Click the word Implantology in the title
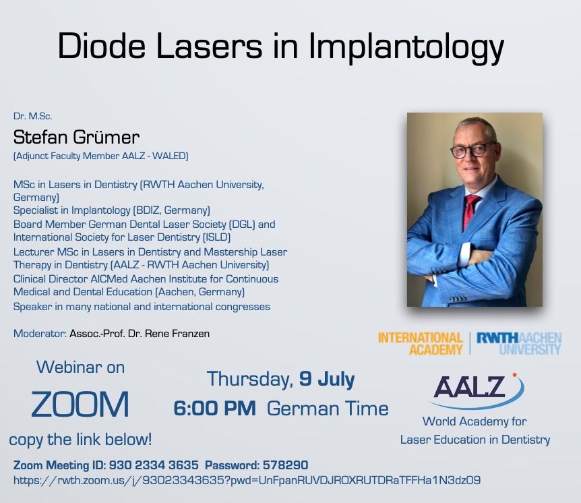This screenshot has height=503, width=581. coord(406,47)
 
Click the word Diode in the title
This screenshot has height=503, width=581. coord(102,45)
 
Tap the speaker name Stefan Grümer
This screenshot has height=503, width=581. coord(76,137)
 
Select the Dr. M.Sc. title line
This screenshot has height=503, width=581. coord(32,116)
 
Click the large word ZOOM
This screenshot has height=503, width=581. coord(80,404)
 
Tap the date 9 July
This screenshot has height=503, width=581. coord(327,379)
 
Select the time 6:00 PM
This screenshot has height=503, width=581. coord(214,409)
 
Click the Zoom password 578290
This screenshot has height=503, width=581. coord(285,465)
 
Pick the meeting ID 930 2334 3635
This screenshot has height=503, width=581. coord(154,465)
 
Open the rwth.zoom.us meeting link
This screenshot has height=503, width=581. coord(247,480)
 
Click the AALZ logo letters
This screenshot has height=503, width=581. coord(470,386)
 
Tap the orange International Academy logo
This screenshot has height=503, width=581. coord(420,344)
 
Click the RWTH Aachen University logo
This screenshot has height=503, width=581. coord(519,344)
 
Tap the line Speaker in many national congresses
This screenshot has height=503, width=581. coord(142,307)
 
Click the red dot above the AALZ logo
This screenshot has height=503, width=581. coord(514,375)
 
